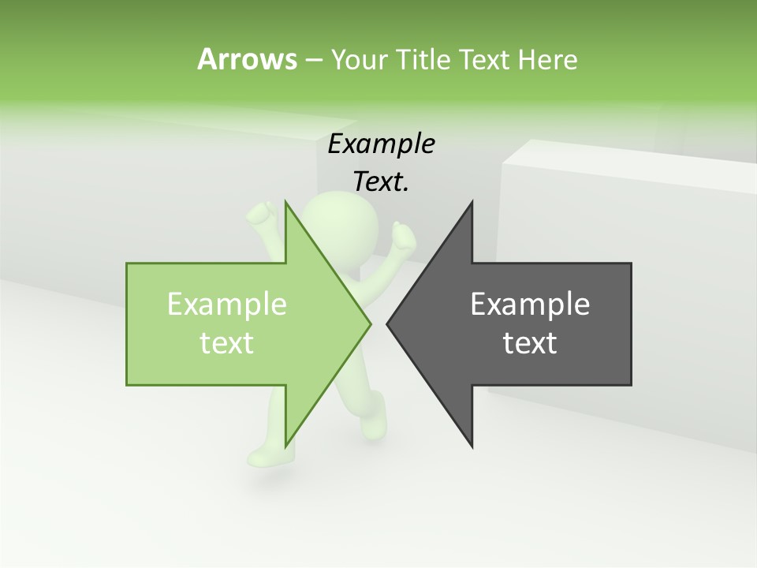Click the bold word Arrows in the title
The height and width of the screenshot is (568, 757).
(247, 59)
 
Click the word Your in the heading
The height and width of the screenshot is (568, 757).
(358, 59)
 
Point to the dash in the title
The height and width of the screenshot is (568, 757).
(313, 60)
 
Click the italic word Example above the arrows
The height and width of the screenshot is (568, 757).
(381, 144)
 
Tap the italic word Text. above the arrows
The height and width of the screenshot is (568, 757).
(381, 181)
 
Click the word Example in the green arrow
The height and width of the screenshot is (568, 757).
(227, 305)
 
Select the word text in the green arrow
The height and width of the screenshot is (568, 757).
(227, 343)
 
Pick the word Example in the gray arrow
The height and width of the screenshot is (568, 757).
(530, 305)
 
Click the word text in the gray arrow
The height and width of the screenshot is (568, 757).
(530, 343)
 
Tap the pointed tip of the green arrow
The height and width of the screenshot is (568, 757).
(370, 323)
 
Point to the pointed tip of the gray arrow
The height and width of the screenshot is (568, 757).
(388, 323)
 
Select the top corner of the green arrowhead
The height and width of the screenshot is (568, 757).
(285, 203)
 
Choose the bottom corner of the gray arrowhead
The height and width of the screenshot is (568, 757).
(472, 446)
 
